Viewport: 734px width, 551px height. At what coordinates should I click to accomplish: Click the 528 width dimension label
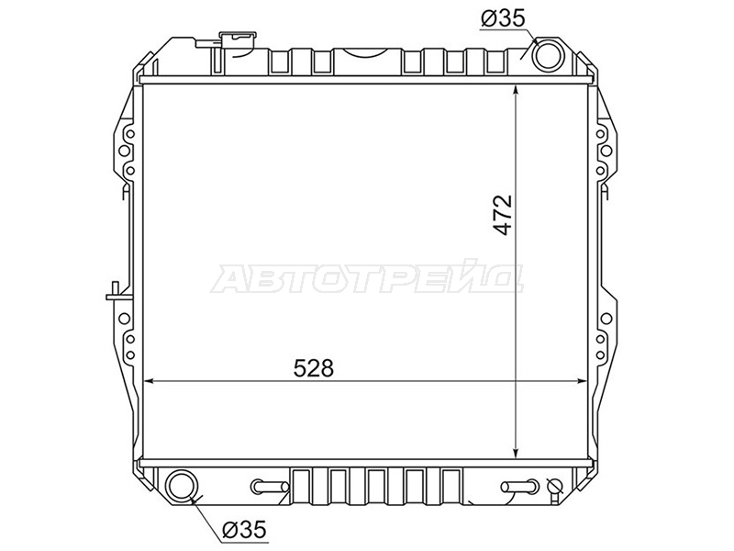pyautogui.click(x=313, y=368)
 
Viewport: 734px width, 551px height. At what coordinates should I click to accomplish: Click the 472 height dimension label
pyautogui.click(x=503, y=215)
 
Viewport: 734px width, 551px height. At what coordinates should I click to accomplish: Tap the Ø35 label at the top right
pyautogui.click(x=503, y=18)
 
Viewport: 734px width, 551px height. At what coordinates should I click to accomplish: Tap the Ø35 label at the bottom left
pyautogui.click(x=244, y=530)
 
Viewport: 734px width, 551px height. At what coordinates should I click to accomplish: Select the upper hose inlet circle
pyautogui.click(x=549, y=55)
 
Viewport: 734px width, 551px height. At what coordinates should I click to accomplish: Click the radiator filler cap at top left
pyautogui.click(x=239, y=38)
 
